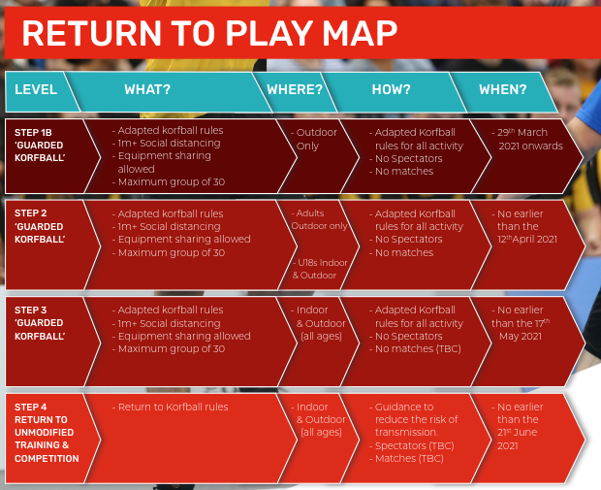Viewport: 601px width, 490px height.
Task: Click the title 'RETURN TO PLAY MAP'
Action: (x=209, y=32)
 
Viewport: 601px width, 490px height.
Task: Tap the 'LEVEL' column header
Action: (x=36, y=89)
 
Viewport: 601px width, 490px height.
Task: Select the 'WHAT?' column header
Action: (x=147, y=89)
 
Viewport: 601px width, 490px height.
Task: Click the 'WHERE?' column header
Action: (x=295, y=89)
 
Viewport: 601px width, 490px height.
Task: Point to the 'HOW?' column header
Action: (x=391, y=89)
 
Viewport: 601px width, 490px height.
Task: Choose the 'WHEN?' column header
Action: (x=502, y=89)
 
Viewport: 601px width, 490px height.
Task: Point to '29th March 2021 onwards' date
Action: (x=523, y=139)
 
